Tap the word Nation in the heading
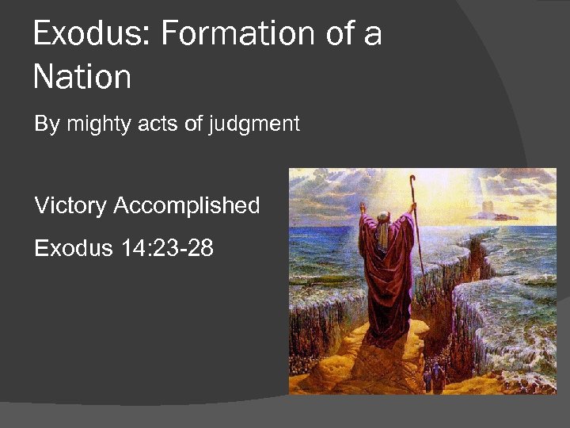82,77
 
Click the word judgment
254,124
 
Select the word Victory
70,205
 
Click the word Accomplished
187,205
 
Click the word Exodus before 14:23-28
74,248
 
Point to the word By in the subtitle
47,124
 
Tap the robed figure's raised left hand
363,208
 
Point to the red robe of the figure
388,277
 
